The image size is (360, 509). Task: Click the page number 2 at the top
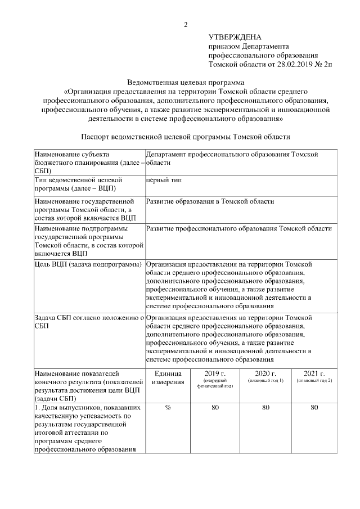coord(185,24)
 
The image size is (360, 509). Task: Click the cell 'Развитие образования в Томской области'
coord(210,201)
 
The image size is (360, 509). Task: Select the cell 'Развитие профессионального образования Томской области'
coord(238,229)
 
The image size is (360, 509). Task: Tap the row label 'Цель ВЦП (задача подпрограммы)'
coord(88,264)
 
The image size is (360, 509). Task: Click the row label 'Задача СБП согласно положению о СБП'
coord(88,322)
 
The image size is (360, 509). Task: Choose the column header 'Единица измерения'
coord(168,378)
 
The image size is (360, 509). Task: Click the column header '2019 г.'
coord(215,373)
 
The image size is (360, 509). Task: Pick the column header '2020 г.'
coord(265,373)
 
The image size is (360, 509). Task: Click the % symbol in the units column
coord(168,408)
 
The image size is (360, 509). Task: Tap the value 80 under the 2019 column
coord(215,408)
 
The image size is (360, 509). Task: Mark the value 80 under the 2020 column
coord(265,408)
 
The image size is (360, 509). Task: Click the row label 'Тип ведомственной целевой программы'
coord(83,184)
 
